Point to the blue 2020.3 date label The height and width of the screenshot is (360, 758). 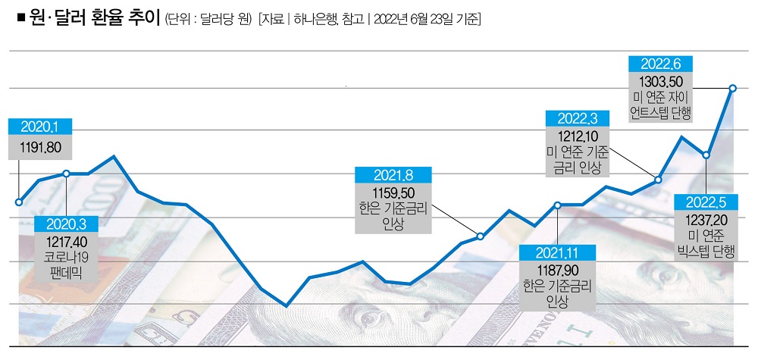click(x=67, y=224)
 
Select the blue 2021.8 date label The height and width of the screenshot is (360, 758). click(x=393, y=175)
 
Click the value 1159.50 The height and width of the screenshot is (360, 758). click(x=393, y=193)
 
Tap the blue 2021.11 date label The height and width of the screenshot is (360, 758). click(x=557, y=252)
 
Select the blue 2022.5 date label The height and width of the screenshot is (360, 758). click(x=706, y=202)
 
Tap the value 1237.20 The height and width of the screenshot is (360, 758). click(x=706, y=219)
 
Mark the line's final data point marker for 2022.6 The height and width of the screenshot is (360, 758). click(x=732, y=89)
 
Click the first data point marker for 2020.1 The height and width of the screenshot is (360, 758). click(x=19, y=202)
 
